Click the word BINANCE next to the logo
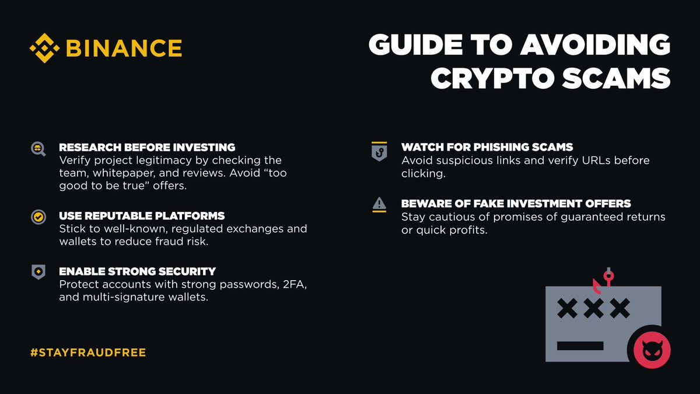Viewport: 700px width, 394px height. [123, 48]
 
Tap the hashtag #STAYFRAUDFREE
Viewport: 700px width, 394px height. [87, 353]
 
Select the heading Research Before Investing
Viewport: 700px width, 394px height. [147, 147]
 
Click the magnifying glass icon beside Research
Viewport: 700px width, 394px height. [38, 149]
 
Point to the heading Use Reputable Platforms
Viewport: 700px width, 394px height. [142, 216]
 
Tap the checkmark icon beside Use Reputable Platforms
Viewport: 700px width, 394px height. [38, 217]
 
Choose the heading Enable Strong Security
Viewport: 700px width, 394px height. [137, 271]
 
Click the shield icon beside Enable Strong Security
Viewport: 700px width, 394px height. [38, 272]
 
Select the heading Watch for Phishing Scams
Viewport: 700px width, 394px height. [487, 147]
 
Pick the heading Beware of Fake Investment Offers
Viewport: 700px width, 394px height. [516, 204]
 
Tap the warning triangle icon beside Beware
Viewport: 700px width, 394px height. [379, 204]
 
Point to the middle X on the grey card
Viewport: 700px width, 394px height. [593, 308]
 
